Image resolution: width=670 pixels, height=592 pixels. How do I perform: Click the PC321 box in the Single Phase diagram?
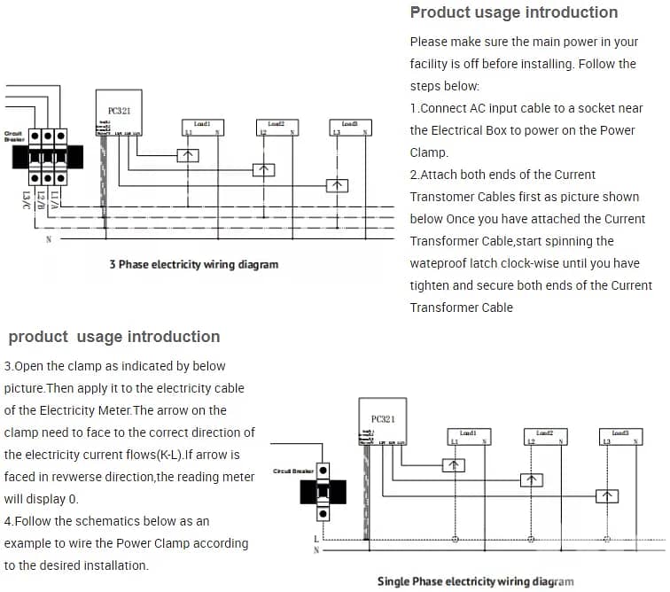[384, 427]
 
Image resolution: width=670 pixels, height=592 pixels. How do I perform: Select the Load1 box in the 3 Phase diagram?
[202, 128]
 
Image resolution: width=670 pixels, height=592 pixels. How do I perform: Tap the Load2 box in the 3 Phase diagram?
[276, 128]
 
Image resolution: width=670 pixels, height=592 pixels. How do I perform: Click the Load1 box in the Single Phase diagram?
[469, 437]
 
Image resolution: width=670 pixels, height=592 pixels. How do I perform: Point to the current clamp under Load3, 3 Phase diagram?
[337, 185]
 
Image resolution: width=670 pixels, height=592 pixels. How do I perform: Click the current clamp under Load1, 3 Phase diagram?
[188, 155]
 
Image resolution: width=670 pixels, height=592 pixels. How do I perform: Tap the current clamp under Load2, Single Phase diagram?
[530, 479]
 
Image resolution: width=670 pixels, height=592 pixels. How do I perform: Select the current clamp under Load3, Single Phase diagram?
[609, 495]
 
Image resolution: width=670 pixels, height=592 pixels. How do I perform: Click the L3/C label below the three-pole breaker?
[27, 199]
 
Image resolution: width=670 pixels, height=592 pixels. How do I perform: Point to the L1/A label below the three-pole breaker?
[55, 199]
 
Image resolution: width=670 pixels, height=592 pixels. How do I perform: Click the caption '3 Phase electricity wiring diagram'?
[194, 264]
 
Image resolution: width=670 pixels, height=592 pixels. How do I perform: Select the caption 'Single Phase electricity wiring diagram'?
[475, 581]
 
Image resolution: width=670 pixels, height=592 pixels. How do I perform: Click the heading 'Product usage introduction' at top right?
[514, 12]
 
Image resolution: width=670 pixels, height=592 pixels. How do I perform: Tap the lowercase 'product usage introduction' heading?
[114, 337]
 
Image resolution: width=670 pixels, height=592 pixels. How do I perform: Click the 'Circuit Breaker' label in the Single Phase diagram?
[290, 471]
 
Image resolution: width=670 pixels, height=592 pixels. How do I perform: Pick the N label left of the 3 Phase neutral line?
[48, 239]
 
